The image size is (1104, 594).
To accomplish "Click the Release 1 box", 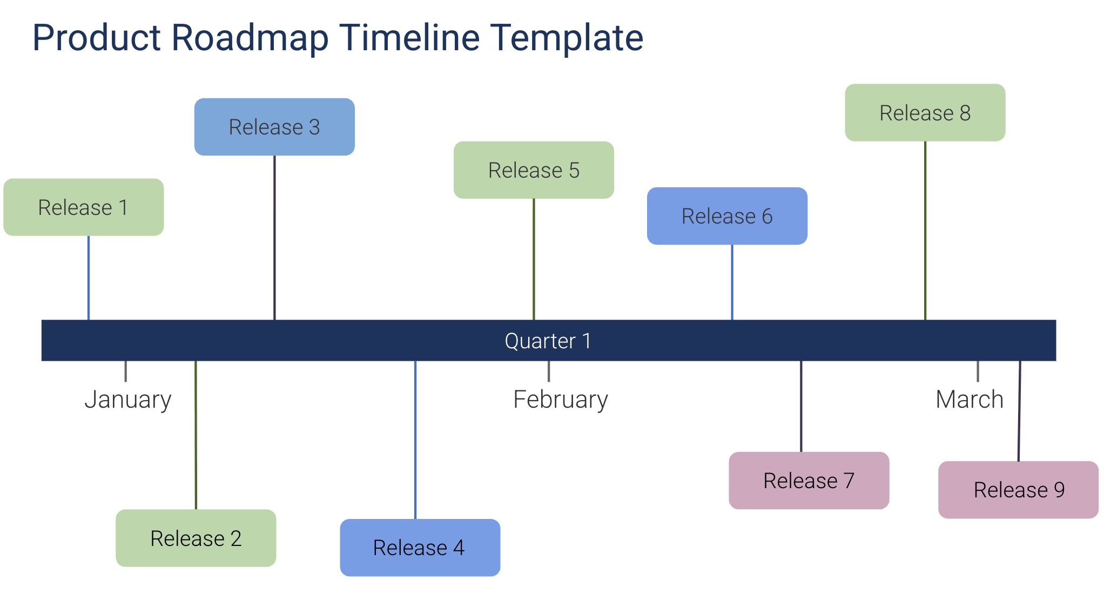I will (83, 207).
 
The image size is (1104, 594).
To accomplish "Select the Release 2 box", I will (196, 538).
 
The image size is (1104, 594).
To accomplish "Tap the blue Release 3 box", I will (274, 127).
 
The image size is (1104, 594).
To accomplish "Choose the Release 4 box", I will (420, 548).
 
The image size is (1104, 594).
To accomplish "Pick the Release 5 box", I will (534, 170).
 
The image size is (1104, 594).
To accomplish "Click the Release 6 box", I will (727, 216).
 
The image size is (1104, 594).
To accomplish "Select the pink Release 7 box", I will (809, 481).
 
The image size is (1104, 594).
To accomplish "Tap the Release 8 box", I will (925, 113).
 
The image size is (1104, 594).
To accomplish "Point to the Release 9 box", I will (1018, 490).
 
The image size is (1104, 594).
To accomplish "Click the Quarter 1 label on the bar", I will (548, 341).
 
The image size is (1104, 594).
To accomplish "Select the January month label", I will (128, 400).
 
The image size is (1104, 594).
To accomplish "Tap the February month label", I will (560, 400).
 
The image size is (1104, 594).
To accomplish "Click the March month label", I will (969, 400).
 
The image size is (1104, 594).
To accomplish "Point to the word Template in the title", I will (567, 38).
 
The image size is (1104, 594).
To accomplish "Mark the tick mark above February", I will (549, 371).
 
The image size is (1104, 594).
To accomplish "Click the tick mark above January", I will (126, 371).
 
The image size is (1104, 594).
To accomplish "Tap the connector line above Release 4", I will (415, 440).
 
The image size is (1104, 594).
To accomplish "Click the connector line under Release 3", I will (274, 238).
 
